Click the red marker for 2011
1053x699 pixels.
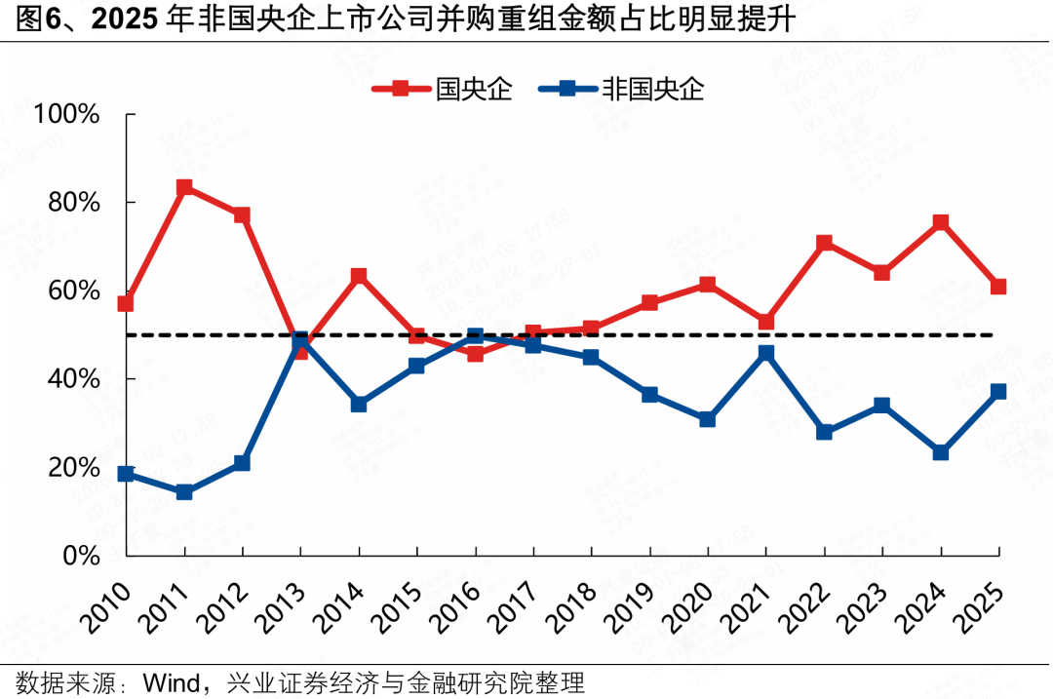coord(184,187)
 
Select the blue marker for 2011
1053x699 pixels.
coord(184,492)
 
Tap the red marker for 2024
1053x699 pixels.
coord(941,222)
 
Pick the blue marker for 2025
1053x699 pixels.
coord(998,392)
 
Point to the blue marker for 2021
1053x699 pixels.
coord(766,353)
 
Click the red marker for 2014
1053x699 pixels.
coord(359,276)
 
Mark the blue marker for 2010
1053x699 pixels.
coord(126,474)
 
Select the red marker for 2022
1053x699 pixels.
coord(825,243)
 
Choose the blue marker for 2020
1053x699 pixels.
coord(708,419)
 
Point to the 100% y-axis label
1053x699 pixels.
coord(66,114)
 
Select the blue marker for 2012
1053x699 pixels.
coord(242,463)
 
